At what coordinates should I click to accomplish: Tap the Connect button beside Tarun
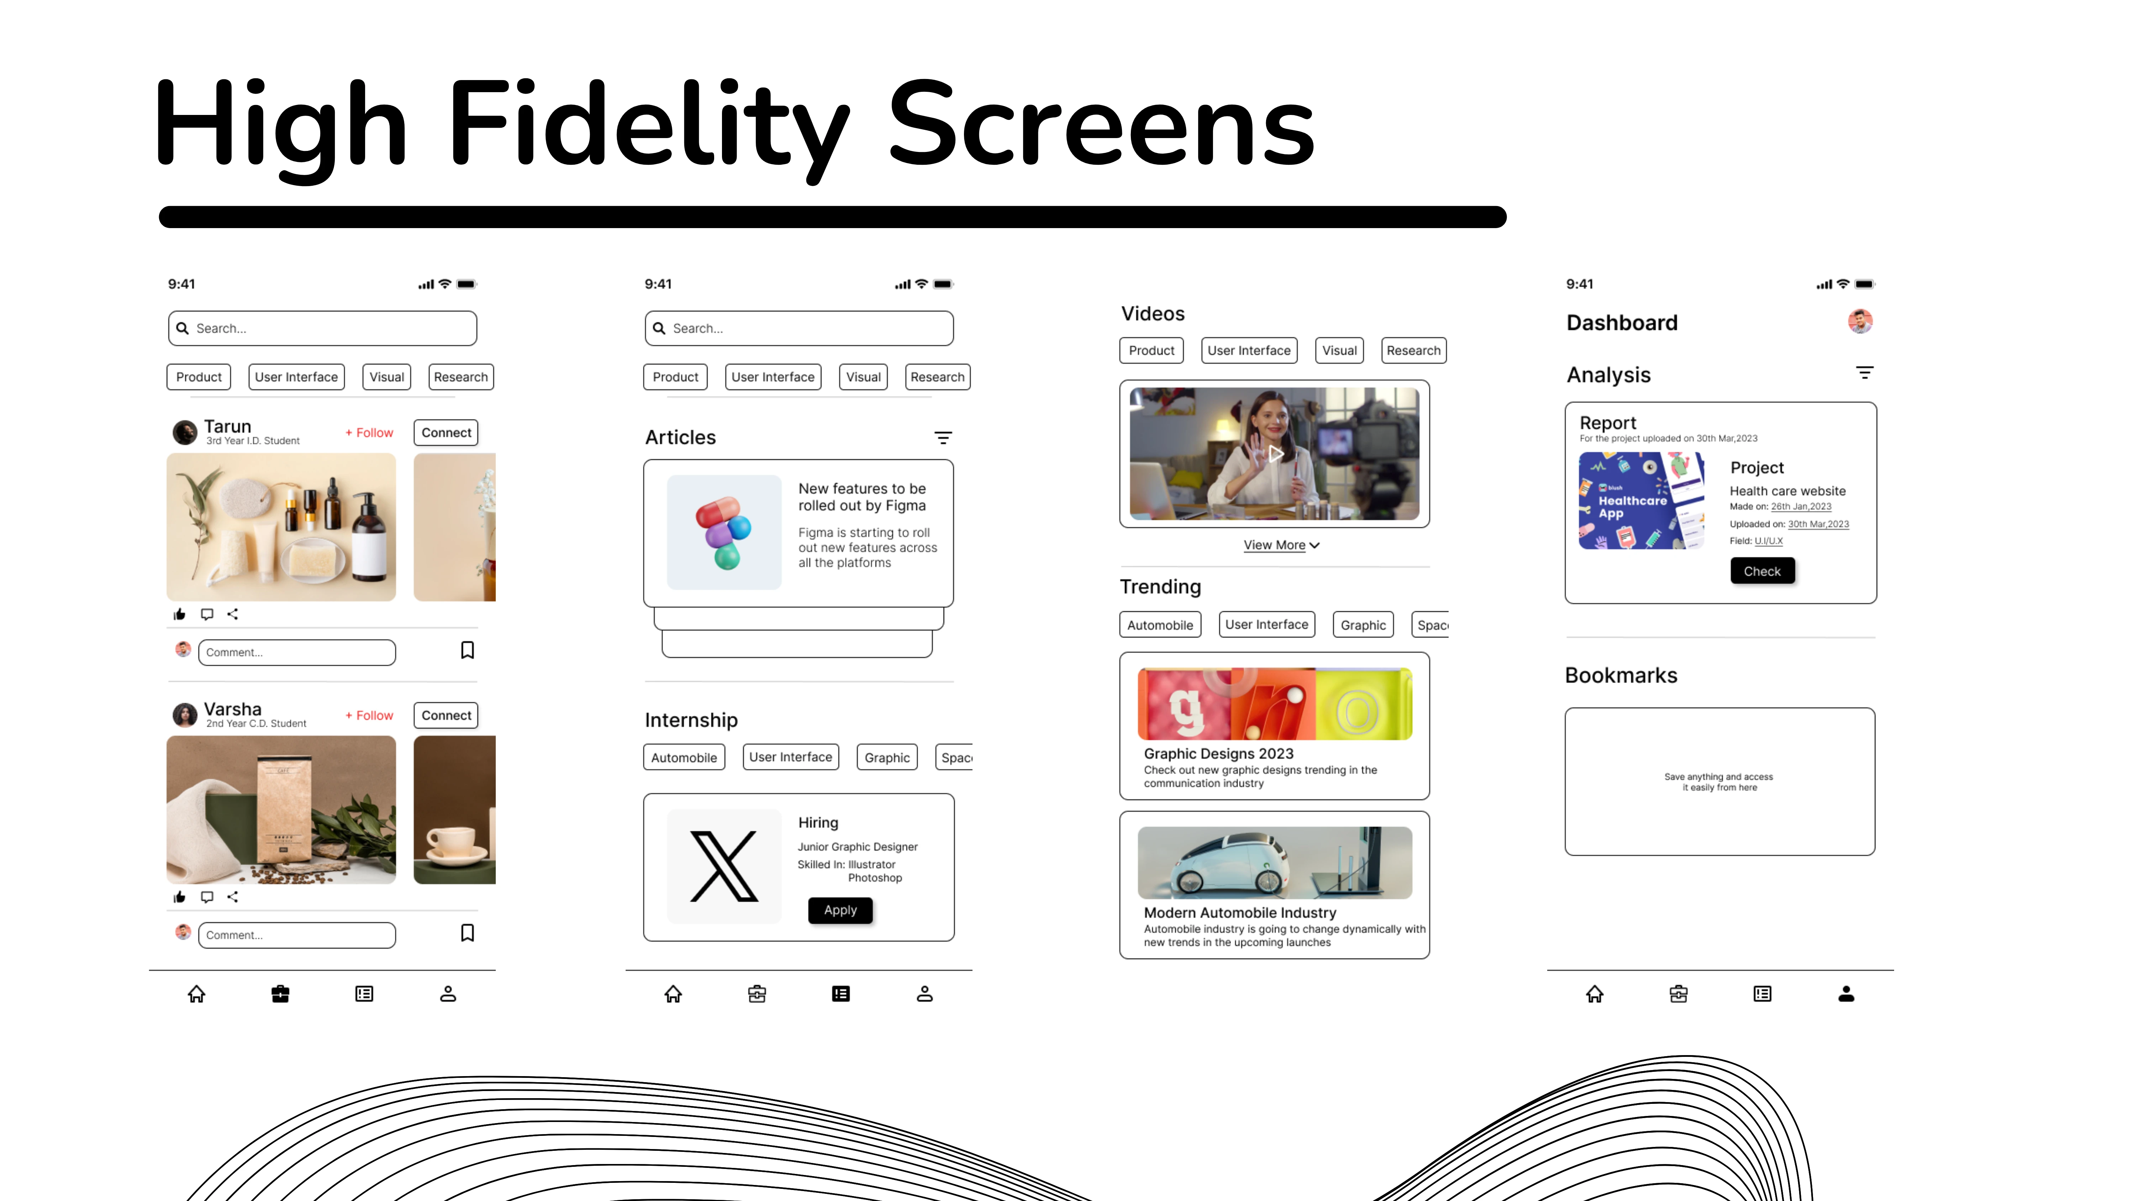pos(446,433)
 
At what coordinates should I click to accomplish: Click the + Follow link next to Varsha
pos(370,715)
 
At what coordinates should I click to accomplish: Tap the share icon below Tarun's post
pos(233,614)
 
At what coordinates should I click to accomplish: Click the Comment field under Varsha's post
pos(297,935)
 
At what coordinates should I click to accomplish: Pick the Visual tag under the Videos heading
pos(1339,351)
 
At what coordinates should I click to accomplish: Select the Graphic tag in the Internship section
pos(887,758)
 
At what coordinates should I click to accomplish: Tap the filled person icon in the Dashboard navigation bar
pos(1846,994)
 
